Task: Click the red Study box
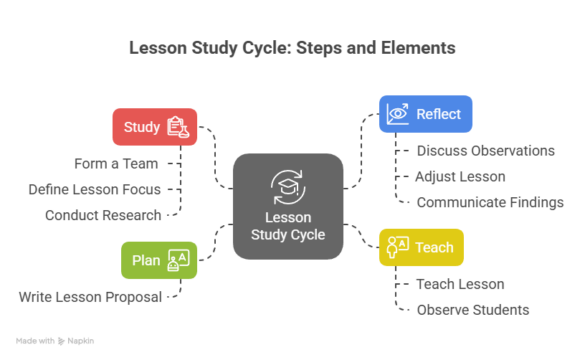tap(153, 127)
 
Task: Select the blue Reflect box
tap(425, 114)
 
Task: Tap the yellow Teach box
tap(421, 246)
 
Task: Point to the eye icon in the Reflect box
tap(398, 114)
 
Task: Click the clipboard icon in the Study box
tap(178, 127)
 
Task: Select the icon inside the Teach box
tap(397, 246)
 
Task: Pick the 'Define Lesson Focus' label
tap(100, 189)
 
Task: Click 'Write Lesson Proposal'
tap(90, 297)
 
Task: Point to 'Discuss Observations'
tap(484, 151)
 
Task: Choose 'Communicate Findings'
tap(489, 202)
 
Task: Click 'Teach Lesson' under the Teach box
tap(460, 284)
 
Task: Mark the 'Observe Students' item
tap(472, 309)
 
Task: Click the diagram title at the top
tap(292, 46)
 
